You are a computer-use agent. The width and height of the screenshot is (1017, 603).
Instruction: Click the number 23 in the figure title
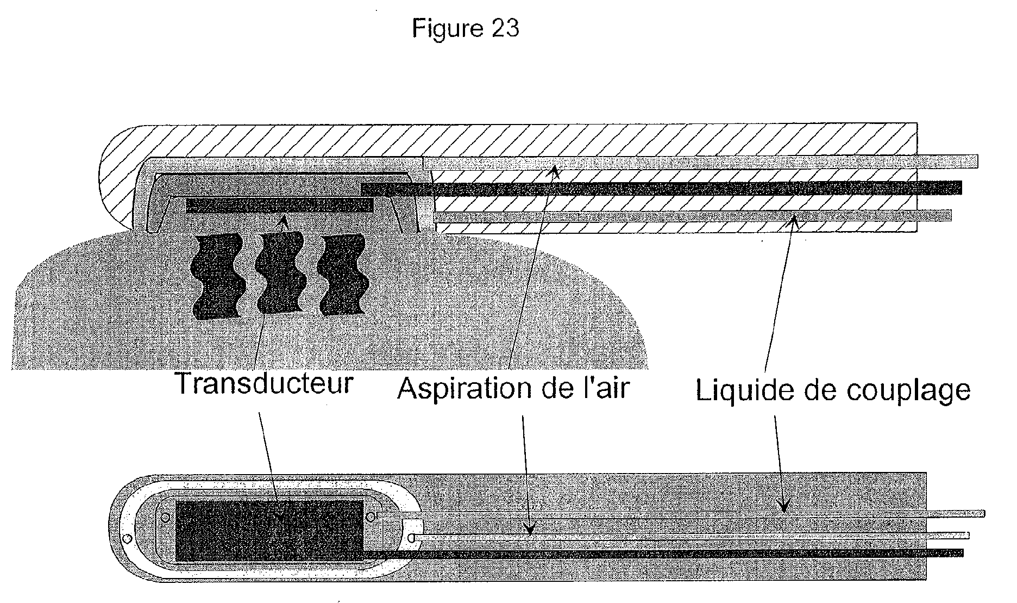tap(505, 28)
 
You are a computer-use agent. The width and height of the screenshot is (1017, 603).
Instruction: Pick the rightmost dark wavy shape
tap(343, 275)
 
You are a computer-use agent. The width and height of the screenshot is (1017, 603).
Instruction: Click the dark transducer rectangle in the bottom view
tap(269, 531)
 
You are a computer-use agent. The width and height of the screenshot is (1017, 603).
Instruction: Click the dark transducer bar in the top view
tap(279, 206)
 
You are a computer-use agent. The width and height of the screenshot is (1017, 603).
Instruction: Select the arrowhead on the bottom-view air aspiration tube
tap(529, 530)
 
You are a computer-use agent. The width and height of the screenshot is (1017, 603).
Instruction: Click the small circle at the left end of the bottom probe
tap(127, 538)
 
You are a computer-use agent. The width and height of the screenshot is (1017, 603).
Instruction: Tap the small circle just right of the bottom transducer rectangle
tap(371, 515)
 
